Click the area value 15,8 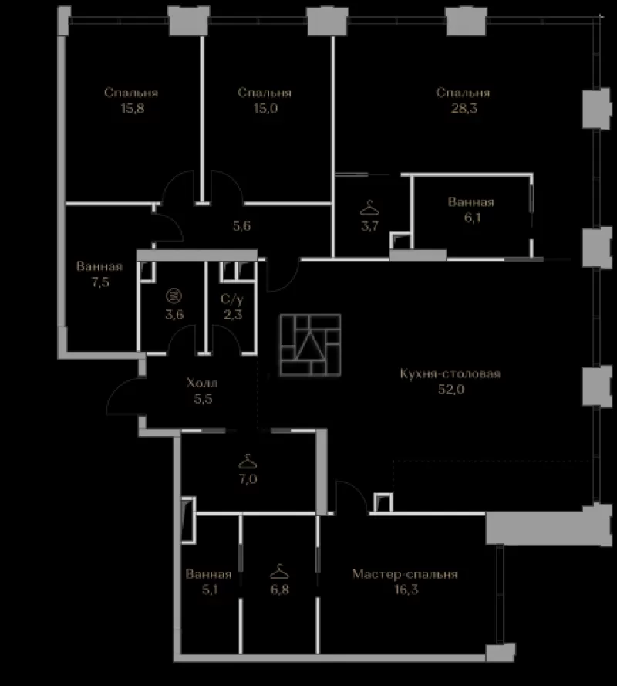pos(133,108)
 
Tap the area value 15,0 pos(266,108)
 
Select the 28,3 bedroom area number pos(464,108)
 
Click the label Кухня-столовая pos(450,373)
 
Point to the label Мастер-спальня pos(405,574)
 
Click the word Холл pos(202,384)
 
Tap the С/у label pos(231,299)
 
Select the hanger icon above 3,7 pos(369,208)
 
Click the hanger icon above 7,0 pos(247,461)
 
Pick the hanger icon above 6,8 pos(279,571)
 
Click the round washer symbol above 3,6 pos(174,296)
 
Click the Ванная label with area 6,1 pos(471,202)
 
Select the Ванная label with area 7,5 pos(99,266)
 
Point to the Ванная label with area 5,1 pos(208,574)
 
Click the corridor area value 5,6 pos(242,226)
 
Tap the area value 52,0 pos(451,390)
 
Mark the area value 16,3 pos(406,590)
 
